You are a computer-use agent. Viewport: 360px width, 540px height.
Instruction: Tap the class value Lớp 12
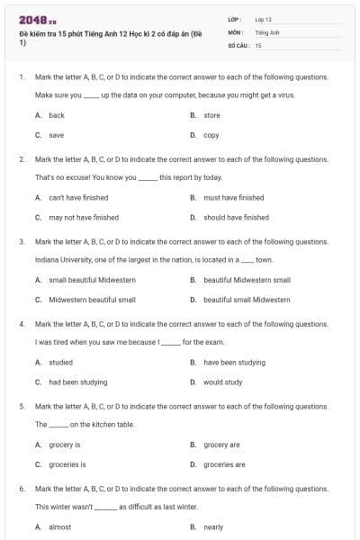[264, 19]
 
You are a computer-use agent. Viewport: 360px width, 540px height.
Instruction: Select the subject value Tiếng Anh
[267, 31]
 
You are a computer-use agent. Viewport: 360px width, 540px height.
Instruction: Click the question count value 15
[258, 44]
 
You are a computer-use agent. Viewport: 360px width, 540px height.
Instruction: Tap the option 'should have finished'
[236, 217]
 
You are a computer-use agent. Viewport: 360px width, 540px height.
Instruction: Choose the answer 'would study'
[222, 382]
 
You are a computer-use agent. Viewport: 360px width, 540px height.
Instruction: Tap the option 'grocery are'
[221, 445]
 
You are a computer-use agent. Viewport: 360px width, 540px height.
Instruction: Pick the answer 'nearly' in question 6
[213, 526]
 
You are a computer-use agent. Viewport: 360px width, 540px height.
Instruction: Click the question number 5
[22, 406]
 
